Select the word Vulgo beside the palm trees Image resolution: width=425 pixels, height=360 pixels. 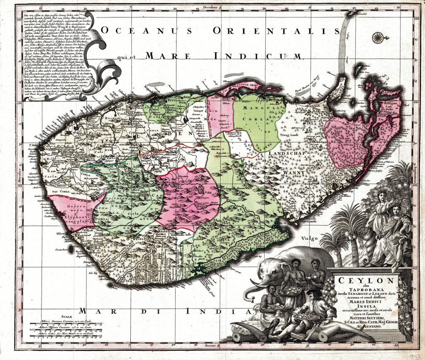(310, 238)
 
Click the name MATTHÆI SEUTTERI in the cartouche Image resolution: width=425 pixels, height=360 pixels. (364, 318)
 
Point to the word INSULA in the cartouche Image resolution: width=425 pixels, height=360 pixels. (364, 308)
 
